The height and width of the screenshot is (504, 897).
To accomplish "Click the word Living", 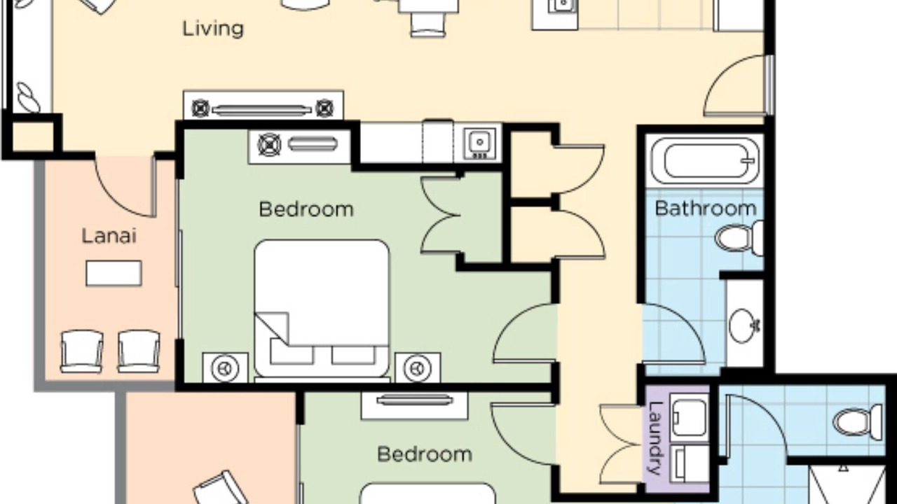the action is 213,29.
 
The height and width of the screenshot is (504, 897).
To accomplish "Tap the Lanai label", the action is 109,236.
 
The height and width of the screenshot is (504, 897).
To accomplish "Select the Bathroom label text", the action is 706,209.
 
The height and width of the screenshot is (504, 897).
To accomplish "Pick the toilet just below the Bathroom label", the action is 739,239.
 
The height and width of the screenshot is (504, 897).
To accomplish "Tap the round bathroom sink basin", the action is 744,325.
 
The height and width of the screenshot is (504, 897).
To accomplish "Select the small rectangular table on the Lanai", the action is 114,273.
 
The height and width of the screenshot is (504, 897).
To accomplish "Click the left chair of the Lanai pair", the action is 82,351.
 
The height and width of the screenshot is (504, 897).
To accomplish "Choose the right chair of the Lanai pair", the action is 139,351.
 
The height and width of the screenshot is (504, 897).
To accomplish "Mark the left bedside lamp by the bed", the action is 225,367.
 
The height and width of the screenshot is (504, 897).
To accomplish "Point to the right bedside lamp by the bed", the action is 418,367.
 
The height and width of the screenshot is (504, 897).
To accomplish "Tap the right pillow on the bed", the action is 354,355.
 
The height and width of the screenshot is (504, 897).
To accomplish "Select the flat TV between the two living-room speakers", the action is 262,110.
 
